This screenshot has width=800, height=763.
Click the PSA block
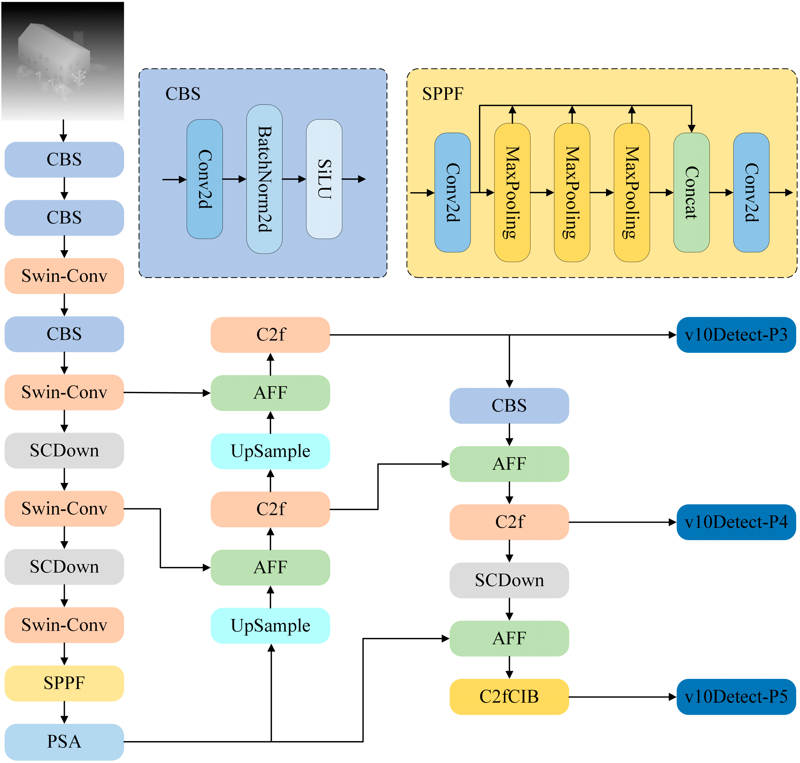(x=64, y=741)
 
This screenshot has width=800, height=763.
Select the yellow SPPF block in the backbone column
(x=64, y=683)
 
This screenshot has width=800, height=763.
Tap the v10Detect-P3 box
(x=736, y=335)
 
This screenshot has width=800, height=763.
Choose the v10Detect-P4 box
(x=736, y=522)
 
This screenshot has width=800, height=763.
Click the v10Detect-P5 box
(x=736, y=697)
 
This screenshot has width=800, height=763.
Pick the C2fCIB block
(x=509, y=697)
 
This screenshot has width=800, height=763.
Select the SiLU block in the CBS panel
(x=324, y=179)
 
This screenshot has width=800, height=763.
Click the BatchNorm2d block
(x=264, y=179)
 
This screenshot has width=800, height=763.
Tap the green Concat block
(x=691, y=192)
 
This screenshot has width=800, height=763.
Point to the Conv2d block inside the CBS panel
(x=205, y=179)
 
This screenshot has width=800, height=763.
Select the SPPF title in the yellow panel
(x=443, y=94)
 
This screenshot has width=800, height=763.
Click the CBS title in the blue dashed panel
(x=183, y=94)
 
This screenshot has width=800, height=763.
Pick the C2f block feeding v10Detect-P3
(x=270, y=335)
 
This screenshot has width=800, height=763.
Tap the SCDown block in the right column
(x=509, y=580)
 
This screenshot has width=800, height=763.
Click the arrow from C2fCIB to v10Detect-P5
(x=623, y=697)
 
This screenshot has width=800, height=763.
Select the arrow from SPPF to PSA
(x=64, y=713)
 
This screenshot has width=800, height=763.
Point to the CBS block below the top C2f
(x=509, y=406)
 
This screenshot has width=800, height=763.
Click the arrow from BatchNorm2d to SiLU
(x=294, y=179)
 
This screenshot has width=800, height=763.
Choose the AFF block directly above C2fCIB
(x=509, y=639)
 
